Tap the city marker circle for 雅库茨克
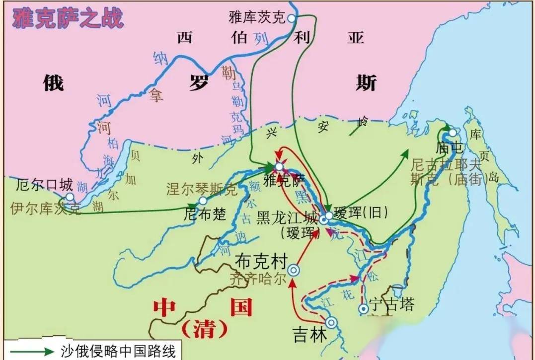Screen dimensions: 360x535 pyautogui.click(x=291, y=18)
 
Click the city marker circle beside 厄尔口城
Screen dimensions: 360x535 pyautogui.click(x=70, y=197)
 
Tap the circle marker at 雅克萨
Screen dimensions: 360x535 pyautogui.click(x=280, y=167)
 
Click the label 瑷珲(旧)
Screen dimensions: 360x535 pyautogui.click(x=360, y=213)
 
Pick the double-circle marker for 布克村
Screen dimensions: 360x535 pyautogui.click(x=295, y=270)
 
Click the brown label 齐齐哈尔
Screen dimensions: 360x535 pyautogui.click(x=258, y=279)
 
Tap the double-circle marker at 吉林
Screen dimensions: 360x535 pyautogui.click(x=331, y=323)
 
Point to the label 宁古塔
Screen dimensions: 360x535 pyautogui.click(x=391, y=304)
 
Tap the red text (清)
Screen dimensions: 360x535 pyautogui.click(x=204, y=329)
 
